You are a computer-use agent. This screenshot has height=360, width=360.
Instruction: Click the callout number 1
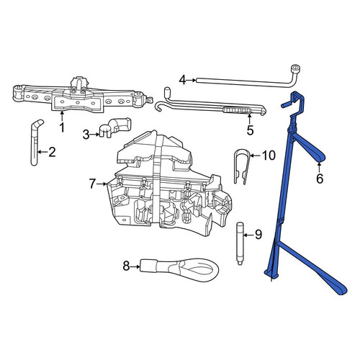(62, 127)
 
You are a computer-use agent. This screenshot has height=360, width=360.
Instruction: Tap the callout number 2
(52, 152)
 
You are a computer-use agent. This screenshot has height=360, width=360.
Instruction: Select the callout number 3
(86, 135)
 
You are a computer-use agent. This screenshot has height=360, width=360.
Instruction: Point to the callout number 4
(183, 80)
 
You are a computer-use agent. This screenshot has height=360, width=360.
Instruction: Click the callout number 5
(250, 130)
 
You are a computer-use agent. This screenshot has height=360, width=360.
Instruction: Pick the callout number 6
(320, 179)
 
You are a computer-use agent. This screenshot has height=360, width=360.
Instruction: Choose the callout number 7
(92, 184)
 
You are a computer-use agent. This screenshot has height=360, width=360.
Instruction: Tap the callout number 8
(126, 266)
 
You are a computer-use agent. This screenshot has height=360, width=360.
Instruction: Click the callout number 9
(258, 235)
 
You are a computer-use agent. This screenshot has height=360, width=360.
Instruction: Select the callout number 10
(269, 156)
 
